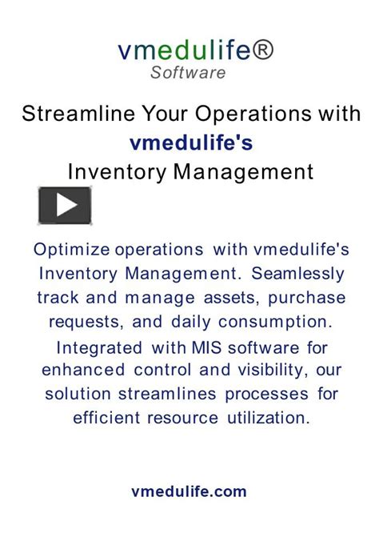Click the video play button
65,205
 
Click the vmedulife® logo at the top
195,50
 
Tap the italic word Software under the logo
188,73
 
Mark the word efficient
105,418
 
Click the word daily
180,322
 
